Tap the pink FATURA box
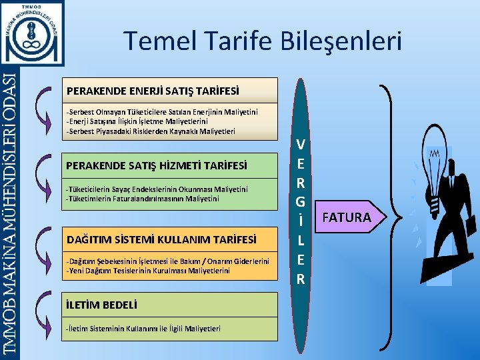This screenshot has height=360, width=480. click(x=347, y=217)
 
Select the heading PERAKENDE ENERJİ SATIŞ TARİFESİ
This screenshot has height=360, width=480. click(x=152, y=89)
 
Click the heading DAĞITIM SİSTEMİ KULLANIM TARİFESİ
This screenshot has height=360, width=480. click(x=161, y=238)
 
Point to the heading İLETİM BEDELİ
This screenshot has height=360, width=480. click(x=102, y=305)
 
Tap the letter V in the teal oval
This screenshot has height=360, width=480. click(x=301, y=144)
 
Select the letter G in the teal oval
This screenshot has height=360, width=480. click(x=301, y=201)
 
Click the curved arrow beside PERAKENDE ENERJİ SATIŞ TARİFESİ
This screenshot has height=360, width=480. click(x=45, y=107)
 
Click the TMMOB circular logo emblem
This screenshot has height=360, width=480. click(x=33, y=32)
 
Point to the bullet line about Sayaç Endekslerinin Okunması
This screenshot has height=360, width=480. click(x=157, y=189)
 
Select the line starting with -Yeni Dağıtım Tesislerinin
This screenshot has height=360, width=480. click(x=148, y=271)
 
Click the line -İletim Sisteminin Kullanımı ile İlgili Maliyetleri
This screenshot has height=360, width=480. click(x=143, y=328)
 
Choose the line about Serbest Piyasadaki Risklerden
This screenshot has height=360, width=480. click(x=150, y=131)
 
